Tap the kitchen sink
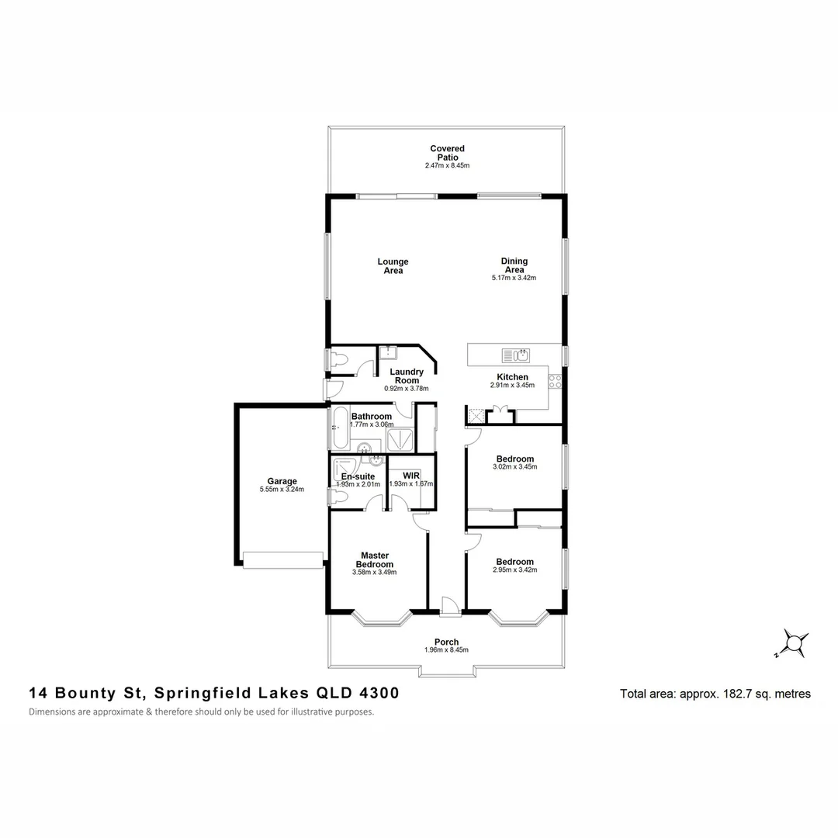point(516,356)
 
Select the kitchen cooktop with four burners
point(555,381)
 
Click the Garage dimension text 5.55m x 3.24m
point(282,490)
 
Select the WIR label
point(411,475)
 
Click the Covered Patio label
point(448,152)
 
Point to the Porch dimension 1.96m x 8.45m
point(446,650)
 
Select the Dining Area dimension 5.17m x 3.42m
point(514,278)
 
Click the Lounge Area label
point(393,266)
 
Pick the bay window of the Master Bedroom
point(380,618)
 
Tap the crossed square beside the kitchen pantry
point(473,416)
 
